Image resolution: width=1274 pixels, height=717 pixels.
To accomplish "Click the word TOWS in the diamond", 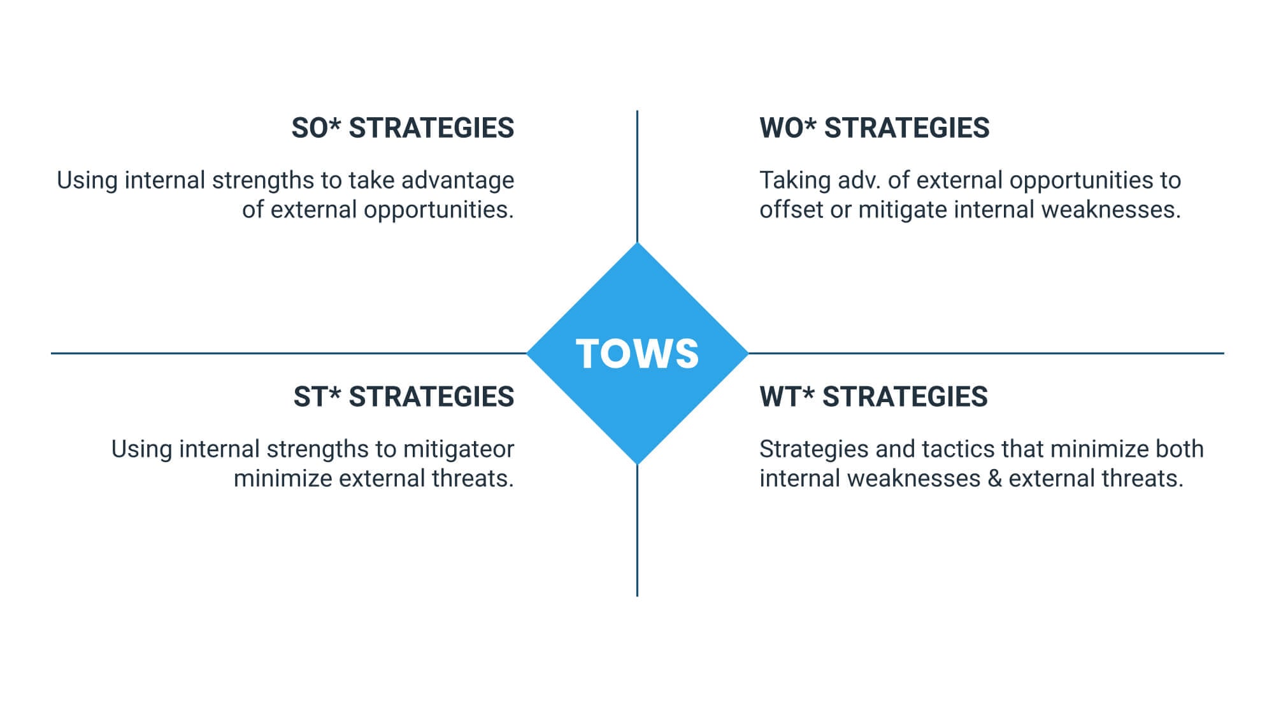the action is tap(637, 354).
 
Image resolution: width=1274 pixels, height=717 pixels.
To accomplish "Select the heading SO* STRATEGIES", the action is tap(403, 128).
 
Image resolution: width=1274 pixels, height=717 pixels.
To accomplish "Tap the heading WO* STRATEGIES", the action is tap(875, 128).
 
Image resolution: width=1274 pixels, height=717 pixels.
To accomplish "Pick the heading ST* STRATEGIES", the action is tap(404, 397).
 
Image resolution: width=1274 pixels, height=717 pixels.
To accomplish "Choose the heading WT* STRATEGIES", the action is tap(874, 397).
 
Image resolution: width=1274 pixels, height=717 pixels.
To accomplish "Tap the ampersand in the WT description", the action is tap(995, 479).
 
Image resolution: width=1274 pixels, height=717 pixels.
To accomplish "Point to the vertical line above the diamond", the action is tap(637, 177).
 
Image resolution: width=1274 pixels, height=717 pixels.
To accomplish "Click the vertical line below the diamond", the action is tap(637, 530).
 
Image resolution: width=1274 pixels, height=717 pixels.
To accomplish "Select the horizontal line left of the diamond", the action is tap(289, 353).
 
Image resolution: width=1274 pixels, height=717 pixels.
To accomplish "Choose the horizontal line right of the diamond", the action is tap(985, 353).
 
